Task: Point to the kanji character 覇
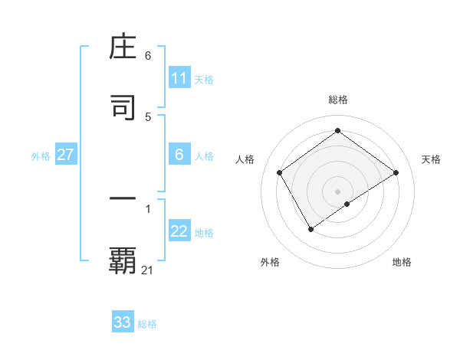[123, 260]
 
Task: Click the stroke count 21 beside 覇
[148, 270]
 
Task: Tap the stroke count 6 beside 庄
[148, 56]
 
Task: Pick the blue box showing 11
[179, 78]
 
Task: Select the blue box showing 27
[66, 155]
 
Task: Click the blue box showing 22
[179, 232]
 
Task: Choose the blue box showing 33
[123, 322]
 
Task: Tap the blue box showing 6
[179, 155]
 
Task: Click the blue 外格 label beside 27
[41, 155]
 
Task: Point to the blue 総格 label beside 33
[147, 324]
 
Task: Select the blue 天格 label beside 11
[204, 79]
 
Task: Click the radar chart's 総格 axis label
[338, 100]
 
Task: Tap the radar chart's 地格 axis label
[402, 262]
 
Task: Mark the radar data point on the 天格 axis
[396, 172]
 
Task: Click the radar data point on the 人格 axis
[280, 172]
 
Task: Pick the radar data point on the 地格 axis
[347, 204]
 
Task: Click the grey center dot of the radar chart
[338, 191]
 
